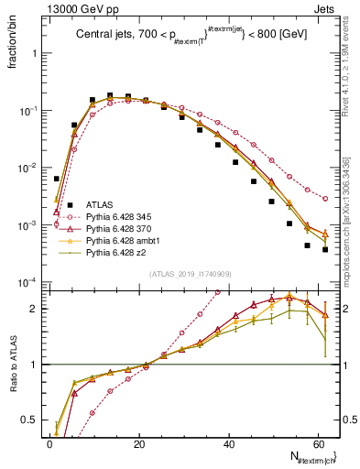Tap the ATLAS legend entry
tap(100, 206)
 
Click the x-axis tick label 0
tap(49, 443)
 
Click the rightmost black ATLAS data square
tap(325, 249)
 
